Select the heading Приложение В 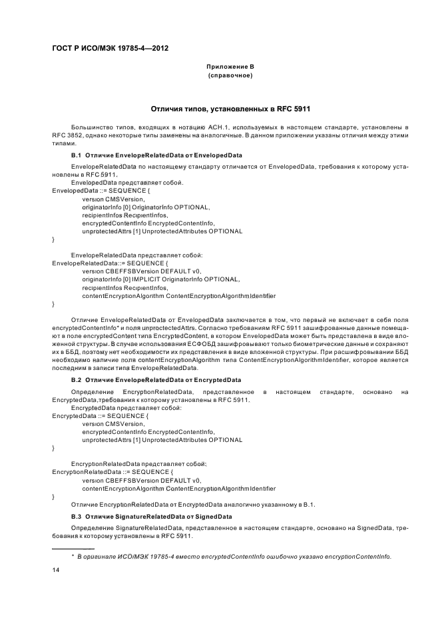230,67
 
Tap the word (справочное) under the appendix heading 230,75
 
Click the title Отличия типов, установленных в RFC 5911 230,108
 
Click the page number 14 56,571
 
